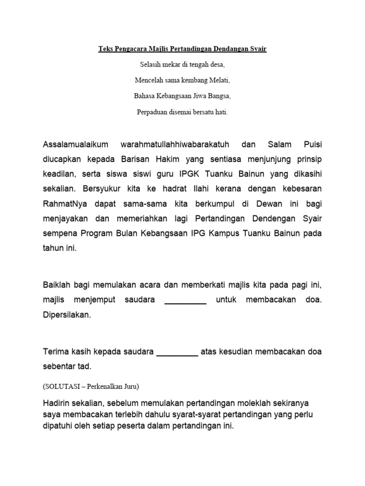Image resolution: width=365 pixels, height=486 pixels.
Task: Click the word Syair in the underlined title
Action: (257, 49)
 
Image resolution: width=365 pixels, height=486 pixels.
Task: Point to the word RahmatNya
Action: (62, 205)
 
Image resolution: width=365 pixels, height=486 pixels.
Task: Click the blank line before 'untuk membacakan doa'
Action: (185, 300)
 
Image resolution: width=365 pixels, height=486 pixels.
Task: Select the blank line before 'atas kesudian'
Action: (177, 352)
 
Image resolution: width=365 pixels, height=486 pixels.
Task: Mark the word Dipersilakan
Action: (67, 316)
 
